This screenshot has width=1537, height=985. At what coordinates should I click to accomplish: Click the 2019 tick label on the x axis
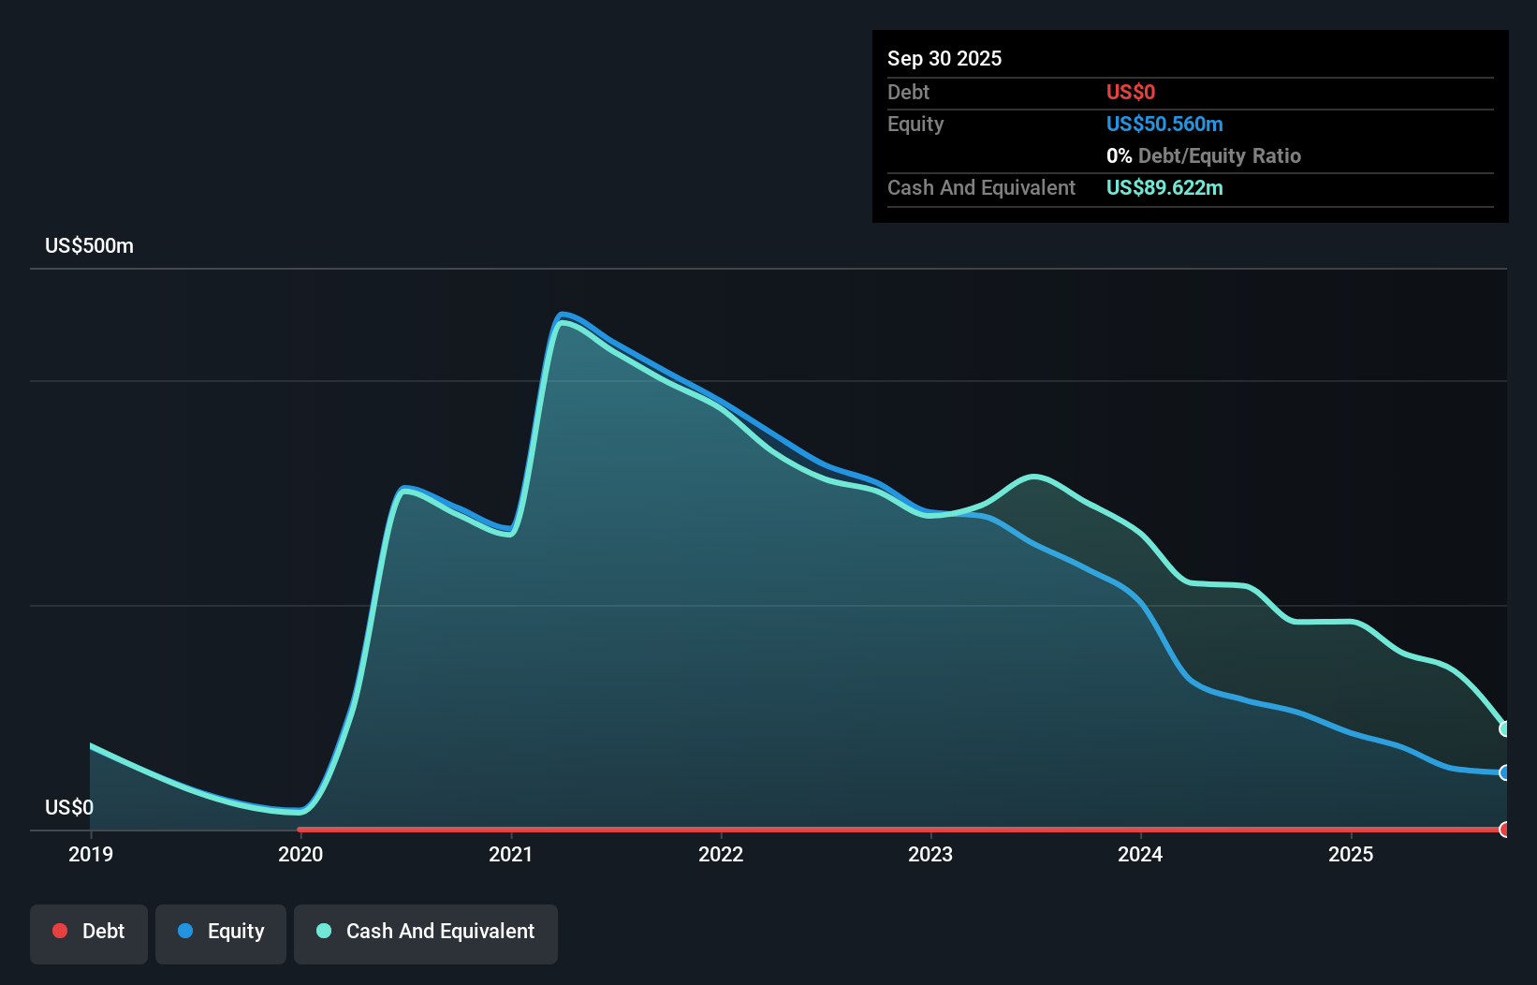pyautogui.click(x=91, y=854)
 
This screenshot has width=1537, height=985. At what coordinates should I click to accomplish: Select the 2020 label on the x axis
pyautogui.click(x=300, y=854)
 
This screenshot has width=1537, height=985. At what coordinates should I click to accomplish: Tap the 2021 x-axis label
pyautogui.click(x=510, y=854)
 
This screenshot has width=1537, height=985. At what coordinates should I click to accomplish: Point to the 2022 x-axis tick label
pyautogui.click(x=721, y=854)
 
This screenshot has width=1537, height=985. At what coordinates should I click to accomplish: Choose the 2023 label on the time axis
pyautogui.click(x=930, y=854)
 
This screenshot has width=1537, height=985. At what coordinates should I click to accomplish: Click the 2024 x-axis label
pyautogui.click(x=1140, y=854)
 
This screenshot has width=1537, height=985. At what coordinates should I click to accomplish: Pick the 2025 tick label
pyautogui.click(x=1351, y=854)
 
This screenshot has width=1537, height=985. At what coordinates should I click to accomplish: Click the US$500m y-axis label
pyautogui.click(x=89, y=245)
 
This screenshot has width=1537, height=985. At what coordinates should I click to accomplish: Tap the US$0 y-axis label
pyautogui.click(x=69, y=807)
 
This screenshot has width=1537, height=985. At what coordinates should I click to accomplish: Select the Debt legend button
pyautogui.click(x=89, y=932)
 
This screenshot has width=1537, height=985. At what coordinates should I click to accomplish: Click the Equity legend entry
pyautogui.click(x=221, y=932)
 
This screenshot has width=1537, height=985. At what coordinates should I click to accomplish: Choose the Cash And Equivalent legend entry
pyautogui.click(x=426, y=932)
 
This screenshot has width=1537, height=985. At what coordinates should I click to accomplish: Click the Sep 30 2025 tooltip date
pyautogui.click(x=944, y=58)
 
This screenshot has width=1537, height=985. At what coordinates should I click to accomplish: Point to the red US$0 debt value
pyautogui.click(x=1131, y=92)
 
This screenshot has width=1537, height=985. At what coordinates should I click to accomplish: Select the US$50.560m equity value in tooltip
pyautogui.click(x=1164, y=124)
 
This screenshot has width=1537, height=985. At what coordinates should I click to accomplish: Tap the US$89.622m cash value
pyautogui.click(x=1164, y=187)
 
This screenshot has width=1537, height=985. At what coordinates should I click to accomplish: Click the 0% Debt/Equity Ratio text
pyautogui.click(x=1203, y=155)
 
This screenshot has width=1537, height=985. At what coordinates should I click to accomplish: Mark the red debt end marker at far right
pyautogui.click(x=1504, y=830)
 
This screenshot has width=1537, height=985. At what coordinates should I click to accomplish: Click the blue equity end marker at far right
pyautogui.click(x=1504, y=772)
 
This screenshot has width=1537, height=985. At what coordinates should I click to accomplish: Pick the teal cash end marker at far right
pyautogui.click(x=1504, y=728)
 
